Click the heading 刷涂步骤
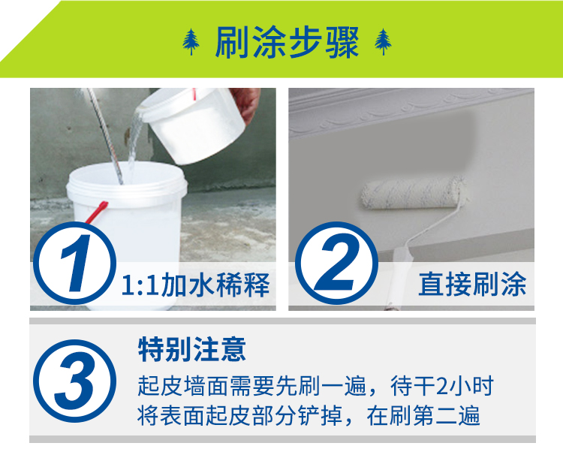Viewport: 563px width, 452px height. pyautogui.click(x=287, y=42)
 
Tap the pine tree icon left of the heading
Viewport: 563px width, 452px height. pyautogui.click(x=191, y=42)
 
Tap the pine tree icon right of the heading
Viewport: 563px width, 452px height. pyautogui.click(x=383, y=42)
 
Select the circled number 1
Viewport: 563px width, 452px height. pyautogui.click(x=74, y=263)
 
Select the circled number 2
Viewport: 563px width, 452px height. pyautogui.click(x=336, y=263)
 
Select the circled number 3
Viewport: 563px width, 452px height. pyautogui.click(x=74, y=381)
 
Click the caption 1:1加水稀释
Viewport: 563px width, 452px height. pyautogui.click(x=196, y=285)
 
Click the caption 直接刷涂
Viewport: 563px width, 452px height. pyautogui.click(x=472, y=284)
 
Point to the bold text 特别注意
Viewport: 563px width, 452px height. pyautogui.click(x=192, y=349)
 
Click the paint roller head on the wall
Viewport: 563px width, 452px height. pyautogui.click(x=413, y=192)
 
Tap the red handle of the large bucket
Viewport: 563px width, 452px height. pyautogui.click(x=96, y=212)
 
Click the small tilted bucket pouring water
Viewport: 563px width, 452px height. pyautogui.click(x=192, y=124)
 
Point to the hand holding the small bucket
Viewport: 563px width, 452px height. pyautogui.click(x=246, y=104)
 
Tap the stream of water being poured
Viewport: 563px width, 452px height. pyautogui.click(x=134, y=143)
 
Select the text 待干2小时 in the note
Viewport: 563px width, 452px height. pyautogui.click(x=442, y=386)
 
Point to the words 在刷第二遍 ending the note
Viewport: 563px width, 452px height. pyautogui.click(x=423, y=416)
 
